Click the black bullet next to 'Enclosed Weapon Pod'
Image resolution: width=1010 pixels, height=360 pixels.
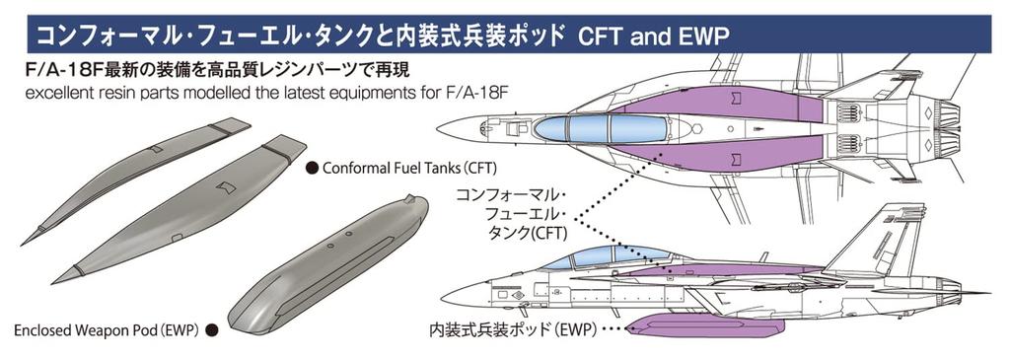[211, 332]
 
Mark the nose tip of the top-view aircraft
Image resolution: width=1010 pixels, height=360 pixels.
[438, 127]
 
